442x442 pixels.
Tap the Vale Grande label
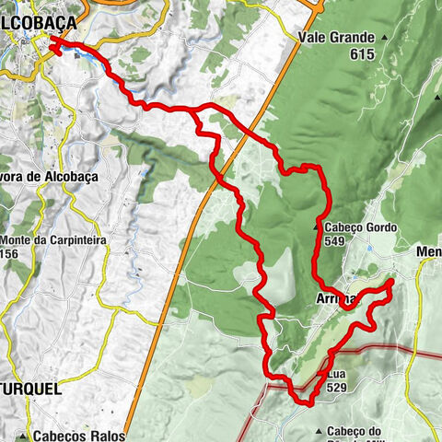point(335,38)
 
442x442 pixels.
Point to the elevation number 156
point(10,254)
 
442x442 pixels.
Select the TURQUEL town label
point(30,390)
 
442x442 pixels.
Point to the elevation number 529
point(336,390)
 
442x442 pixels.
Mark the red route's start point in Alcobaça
point(52,40)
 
